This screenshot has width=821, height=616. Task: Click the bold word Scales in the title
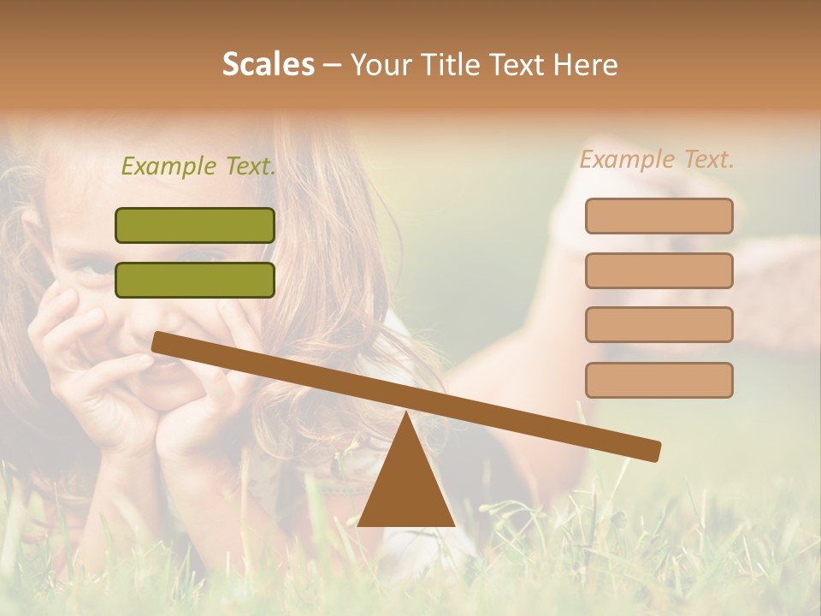point(268,64)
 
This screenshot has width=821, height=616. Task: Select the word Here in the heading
point(586,64)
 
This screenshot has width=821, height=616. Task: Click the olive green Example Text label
point(198,166)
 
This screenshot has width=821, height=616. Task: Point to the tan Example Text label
point(657,159)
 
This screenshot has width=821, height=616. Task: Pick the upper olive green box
point(195,225)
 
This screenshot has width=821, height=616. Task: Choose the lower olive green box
point(195,280)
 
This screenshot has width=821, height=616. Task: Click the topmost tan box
point(659,216)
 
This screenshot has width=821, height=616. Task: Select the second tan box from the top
point(659,270)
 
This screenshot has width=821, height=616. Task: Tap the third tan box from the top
point(659,324)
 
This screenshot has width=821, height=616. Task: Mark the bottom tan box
point(659,380)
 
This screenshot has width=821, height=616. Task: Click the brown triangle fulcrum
point(405,483)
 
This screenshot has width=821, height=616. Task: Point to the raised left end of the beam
point(159,341)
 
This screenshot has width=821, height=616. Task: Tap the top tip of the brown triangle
point(405,414)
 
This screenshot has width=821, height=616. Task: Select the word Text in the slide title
point(522,64)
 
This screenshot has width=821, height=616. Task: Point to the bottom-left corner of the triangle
point(359,524)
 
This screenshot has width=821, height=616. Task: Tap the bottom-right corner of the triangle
point(453,524)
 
